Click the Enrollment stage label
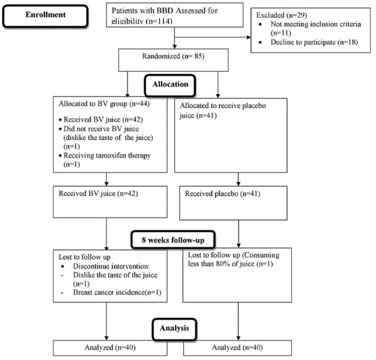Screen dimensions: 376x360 point(45,15)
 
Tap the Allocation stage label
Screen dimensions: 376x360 point(170,84)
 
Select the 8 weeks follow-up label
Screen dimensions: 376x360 point(173,240)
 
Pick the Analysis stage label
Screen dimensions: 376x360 point(174,328)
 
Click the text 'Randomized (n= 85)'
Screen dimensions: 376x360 point(173,56)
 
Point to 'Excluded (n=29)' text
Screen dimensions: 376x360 point(282,15)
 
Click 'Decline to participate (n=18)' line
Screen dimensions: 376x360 point(314,42)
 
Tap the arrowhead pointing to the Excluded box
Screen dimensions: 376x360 point(249,37)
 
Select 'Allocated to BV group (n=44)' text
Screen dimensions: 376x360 point(104,104)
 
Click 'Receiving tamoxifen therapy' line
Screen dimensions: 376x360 point(107,155)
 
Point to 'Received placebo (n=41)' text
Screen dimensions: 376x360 point(222,194)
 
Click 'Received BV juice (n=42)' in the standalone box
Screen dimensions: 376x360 point(98,194)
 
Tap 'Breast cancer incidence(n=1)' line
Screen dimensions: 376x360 point(117,292)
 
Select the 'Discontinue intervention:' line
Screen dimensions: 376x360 point(111,266)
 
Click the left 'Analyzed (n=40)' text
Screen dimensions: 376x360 point(110,347)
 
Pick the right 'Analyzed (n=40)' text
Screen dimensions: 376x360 point(237,347)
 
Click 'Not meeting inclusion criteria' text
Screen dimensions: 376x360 point(315,24)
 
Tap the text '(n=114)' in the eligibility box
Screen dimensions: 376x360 point(160,21)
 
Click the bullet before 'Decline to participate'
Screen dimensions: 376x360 point(261,42)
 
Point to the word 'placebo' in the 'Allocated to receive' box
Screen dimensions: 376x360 point(254,106)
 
